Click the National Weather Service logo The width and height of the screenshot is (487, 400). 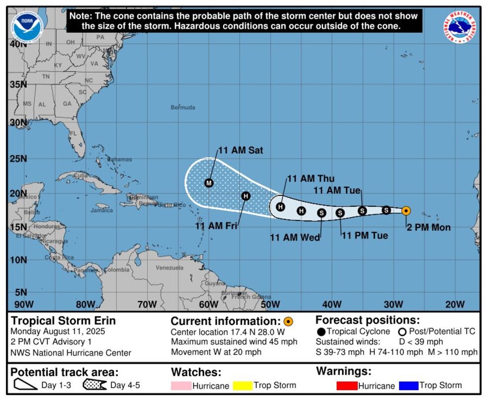[460, 27]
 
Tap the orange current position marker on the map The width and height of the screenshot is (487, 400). [406, 210]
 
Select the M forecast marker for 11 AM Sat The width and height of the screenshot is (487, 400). [209, 183]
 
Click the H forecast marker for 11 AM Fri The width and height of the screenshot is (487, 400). [245, 196]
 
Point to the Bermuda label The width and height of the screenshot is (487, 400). [183, 107]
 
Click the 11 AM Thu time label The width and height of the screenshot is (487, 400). [311, 179]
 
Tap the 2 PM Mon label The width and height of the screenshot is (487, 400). [428, 227]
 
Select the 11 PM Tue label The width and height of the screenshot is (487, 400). [364, 235]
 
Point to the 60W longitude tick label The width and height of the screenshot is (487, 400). [209, 304]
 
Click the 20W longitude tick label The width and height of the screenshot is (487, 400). [455, 304]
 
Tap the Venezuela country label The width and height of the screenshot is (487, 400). [169, 268]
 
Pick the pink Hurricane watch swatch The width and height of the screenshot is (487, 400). [181, 386]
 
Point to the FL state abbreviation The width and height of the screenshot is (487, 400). [73, 134]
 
